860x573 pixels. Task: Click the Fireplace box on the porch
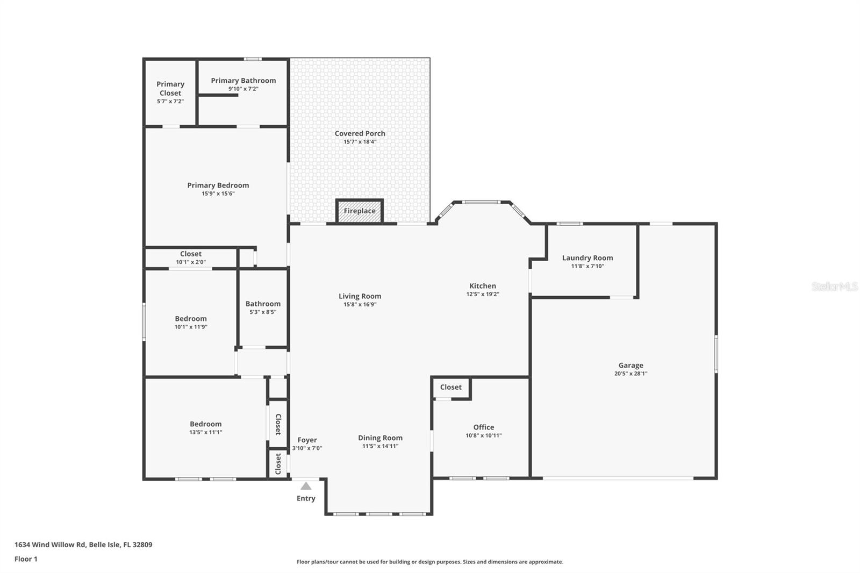360,211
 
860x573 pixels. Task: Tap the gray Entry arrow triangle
306,486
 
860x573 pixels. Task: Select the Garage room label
630,366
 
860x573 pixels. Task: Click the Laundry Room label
587,258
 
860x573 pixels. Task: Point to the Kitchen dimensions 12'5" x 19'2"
483,295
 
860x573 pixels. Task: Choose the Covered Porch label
360,134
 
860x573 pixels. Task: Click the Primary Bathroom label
243,81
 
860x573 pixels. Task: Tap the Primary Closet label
170,89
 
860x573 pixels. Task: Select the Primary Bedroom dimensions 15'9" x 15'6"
218,194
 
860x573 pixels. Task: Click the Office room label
483,427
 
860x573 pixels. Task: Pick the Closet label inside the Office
450,387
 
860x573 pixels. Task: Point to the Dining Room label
380,438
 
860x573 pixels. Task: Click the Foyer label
307,440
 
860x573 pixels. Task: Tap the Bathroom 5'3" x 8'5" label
263,304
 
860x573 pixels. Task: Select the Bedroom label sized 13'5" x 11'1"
205,424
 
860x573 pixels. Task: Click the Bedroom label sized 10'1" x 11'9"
190,319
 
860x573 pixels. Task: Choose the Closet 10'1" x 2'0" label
190,254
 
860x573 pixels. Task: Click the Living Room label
360,296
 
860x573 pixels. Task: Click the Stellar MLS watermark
834,286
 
